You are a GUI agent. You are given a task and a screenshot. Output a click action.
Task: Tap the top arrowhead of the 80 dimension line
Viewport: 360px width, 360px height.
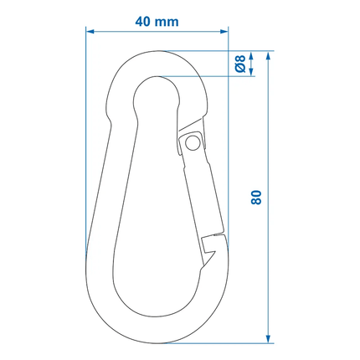pos(267,55)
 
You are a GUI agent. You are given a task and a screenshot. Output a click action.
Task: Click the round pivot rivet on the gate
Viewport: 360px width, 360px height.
pos(193,144)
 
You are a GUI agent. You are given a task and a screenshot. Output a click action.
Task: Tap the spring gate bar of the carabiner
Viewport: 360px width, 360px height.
pos(203,188)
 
